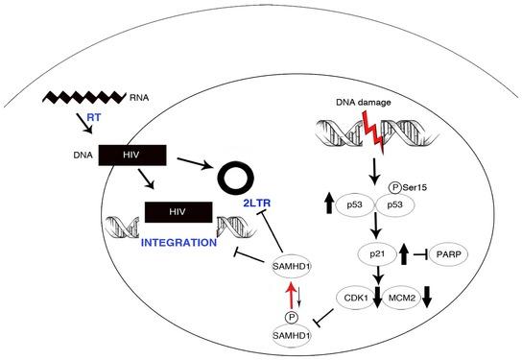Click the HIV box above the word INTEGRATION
(178, 212)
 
